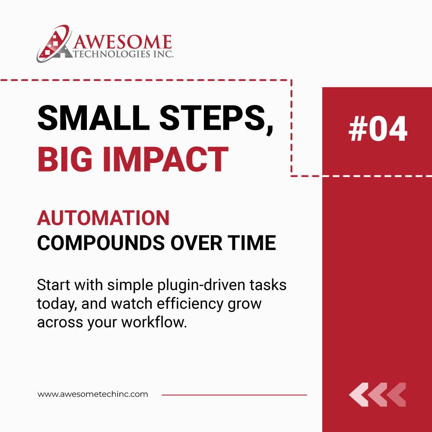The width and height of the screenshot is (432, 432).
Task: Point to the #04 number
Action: [x=378, y=130]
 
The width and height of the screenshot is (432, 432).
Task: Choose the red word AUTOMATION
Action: [x=103, y=218]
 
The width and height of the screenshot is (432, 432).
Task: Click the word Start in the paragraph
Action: [x=51, y=286]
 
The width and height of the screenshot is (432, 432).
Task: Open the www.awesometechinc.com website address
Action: [x=92, y=394]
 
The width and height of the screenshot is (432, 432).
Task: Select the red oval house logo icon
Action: [x=54, y=44]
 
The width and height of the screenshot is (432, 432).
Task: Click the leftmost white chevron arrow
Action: [x=358, y=394]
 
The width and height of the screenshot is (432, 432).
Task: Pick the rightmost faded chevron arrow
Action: [x=396, y=394]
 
